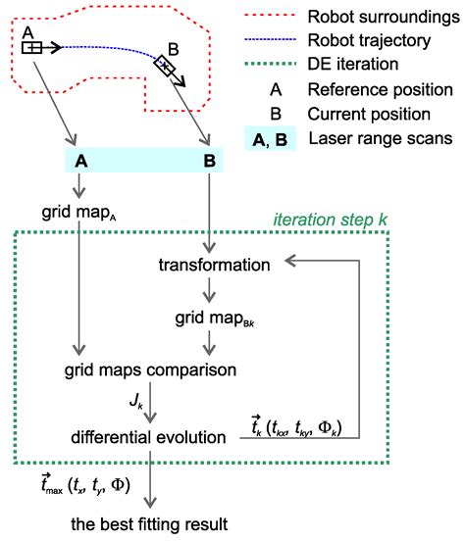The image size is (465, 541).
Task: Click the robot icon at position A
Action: click(30, 46)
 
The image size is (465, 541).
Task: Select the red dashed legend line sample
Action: click(274, 17)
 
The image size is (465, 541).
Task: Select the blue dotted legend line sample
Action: click(274, 42)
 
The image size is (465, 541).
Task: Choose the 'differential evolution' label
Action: click(148, 433)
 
